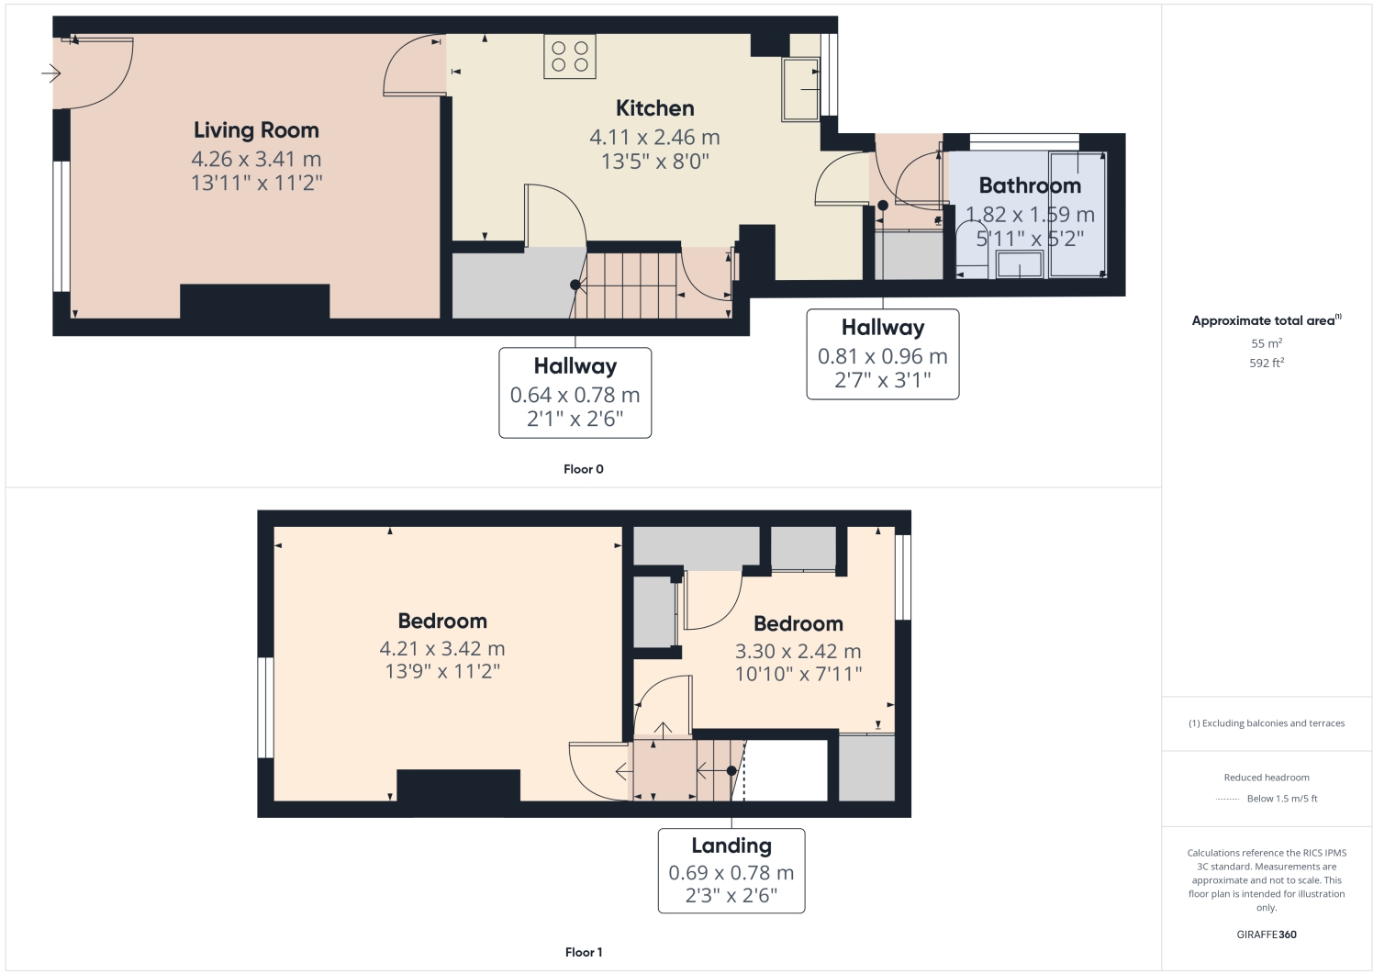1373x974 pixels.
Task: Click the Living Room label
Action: tap(256, 130)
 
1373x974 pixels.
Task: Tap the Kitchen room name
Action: tap(654, 108)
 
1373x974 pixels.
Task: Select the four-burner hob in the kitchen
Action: tap(569, 56)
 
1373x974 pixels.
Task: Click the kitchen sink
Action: tap(800, 89)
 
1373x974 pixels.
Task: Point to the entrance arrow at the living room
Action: tap(51, 73)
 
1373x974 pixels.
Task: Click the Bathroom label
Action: tap(1030, 185)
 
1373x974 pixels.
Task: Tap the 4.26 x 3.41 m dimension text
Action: tap(256, 159)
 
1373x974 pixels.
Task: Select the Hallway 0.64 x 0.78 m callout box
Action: tap(575, 392)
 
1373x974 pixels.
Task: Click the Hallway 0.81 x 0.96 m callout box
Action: tap(882, 353)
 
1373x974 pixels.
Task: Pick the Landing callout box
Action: tap(731, 870)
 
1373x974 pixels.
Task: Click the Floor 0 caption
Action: tap(584, 469)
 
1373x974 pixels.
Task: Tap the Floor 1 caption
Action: tap(584, 952)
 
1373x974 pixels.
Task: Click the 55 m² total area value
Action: tap(1267, 343)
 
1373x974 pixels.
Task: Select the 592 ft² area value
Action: tap(1267, 363)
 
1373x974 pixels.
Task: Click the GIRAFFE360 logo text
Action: tap(1267, 935)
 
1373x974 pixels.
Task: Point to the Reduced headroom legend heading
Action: tap(1267, 778)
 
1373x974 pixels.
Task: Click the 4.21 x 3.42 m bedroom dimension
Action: tap(442, 648)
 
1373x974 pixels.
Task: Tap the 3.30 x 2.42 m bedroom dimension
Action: tap(798, 651)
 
